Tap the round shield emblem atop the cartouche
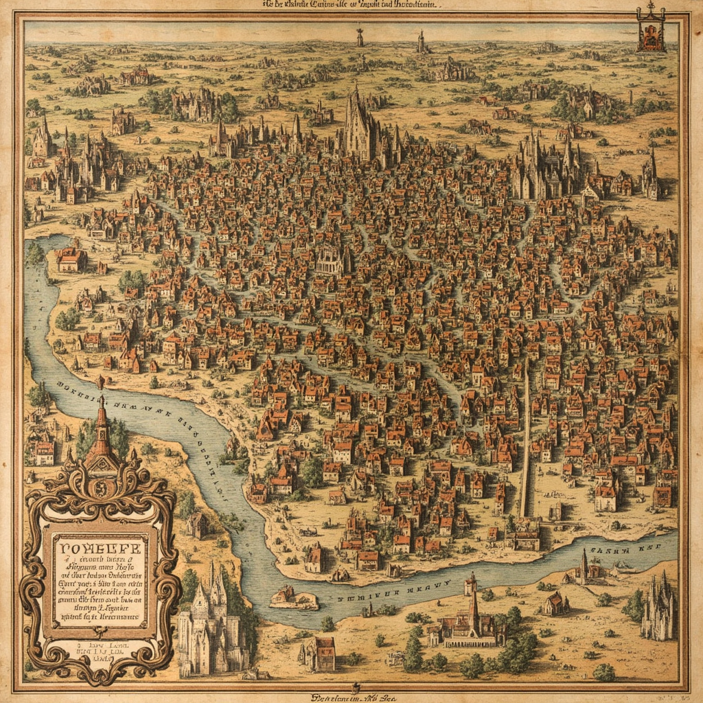100,488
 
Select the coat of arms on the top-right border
649,30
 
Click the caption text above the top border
350,4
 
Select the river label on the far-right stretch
621,550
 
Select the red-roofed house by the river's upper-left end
71,260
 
